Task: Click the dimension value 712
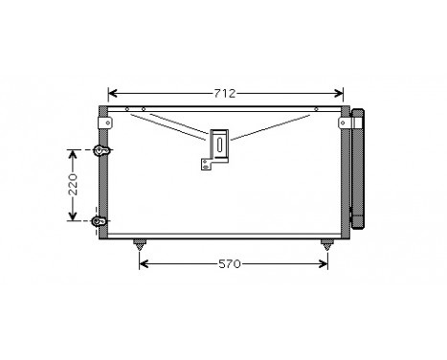226,93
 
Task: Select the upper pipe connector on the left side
100,149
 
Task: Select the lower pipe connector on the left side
99,221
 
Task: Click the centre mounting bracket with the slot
220,145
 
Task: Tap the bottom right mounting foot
328,242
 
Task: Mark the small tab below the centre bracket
205,165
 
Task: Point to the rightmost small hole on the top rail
315,109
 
